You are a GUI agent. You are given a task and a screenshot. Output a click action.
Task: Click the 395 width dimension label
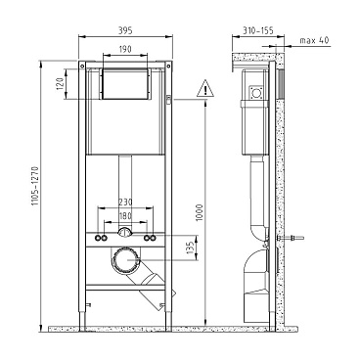point(125,30)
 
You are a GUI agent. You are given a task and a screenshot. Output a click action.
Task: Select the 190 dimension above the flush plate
point(125,49)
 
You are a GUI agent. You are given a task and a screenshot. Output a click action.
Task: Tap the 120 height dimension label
point(60,84)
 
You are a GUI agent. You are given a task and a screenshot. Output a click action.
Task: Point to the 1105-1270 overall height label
point(35,186)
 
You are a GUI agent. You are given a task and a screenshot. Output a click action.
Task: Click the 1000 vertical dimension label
point(200,212)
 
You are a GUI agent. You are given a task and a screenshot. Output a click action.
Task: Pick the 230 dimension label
point(125,202)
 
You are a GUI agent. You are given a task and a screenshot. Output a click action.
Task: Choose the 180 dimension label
point(125,216)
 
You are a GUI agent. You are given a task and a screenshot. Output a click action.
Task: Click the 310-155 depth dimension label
point(257,30)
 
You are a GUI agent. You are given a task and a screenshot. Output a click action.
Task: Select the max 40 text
point(314,40)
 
